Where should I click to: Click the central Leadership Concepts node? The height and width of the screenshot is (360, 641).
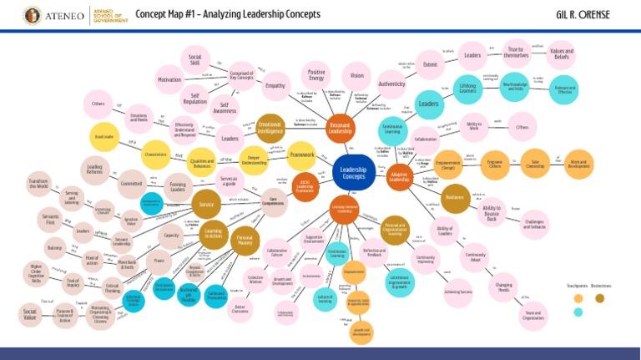click(x=354, y=172)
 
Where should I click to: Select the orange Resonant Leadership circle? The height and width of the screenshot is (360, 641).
click(x=340, y=128)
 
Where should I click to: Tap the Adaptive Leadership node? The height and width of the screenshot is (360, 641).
click(x=399, y=175)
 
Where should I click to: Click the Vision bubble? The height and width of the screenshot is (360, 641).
click(x=357, y=75)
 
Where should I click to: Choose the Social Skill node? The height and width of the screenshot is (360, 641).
click(x=194, y=58)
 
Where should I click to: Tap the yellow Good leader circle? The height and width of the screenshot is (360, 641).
click(x=104, y=135)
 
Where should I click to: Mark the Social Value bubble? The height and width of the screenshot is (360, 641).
click(x=30, y=314)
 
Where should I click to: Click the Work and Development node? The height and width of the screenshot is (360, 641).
click(x=578, y=164)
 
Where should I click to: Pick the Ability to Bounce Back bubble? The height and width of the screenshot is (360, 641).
click(x=492, y=212)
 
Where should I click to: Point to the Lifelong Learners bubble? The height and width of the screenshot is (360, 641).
click(x=467, y=89)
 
